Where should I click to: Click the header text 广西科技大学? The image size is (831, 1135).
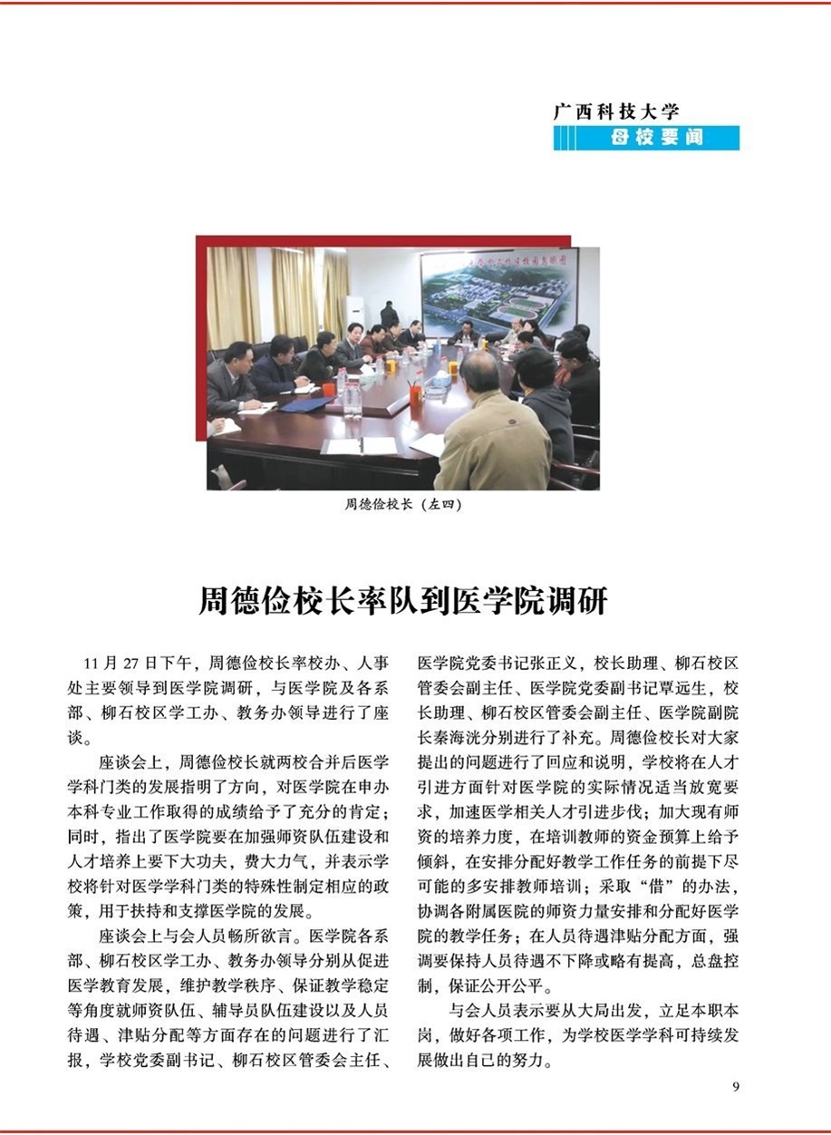616,112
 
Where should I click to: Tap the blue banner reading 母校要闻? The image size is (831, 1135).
657,139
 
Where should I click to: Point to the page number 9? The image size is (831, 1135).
735,1086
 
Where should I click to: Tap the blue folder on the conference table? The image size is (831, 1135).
307,404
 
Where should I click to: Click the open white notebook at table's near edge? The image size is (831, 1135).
361,446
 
